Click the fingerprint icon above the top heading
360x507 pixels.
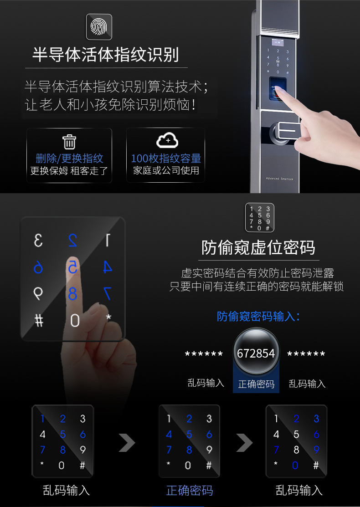click(x=99, y=27)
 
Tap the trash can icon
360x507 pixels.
click(x=69, y=142)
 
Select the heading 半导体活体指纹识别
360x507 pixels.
click(x=105, y=54)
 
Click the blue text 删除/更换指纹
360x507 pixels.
click(x=69, y=159)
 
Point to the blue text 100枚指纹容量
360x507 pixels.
click(x=166, y=159)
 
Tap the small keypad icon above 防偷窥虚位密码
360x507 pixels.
click(x=259, y=218)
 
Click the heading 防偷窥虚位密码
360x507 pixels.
click(x=258, y=248)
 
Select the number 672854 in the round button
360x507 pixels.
click(x=256, y=353)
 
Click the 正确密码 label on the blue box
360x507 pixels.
click(x=256, y=384)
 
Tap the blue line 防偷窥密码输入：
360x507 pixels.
click(x=258, y=316)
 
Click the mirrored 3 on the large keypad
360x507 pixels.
click(x=38, y=241)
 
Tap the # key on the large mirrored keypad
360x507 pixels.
click(x=39, y=321)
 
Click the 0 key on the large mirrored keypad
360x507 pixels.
click(x=75, y=320)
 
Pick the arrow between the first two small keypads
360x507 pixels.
click(x=127, y=443)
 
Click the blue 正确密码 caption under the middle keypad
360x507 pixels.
click(x=190, y=491)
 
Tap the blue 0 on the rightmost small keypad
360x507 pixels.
click(x=295, y=465)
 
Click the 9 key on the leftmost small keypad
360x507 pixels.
click(x=83, y=450)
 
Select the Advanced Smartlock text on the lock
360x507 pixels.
click(x=279, y=179)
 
